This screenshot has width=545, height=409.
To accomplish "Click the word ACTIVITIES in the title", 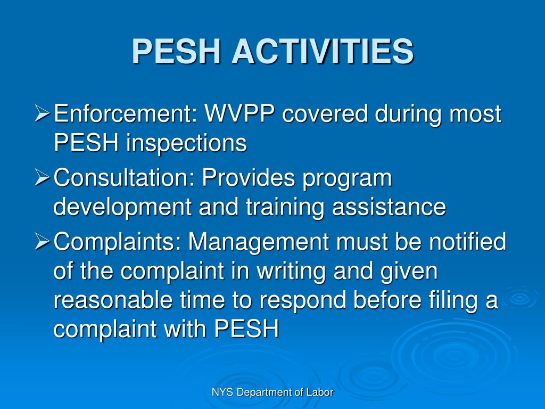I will [x=323, y=51].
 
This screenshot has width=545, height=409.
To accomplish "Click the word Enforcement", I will [x=126, y=114].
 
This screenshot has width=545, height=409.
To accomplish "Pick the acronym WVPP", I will [x=241, y=114].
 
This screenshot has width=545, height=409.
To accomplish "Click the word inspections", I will [x=186, y=143].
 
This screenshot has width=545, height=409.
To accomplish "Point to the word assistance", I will [x=389, y=207].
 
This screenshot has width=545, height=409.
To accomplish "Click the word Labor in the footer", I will [x=320, y=392].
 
